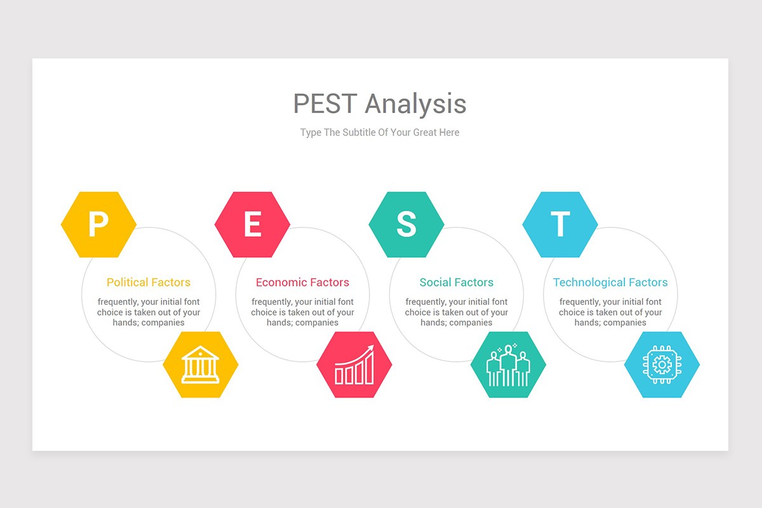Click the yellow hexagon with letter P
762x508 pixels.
point(98,224)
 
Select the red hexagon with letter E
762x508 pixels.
point(252,224)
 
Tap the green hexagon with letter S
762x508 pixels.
point(406,224)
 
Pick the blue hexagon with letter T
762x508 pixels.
point(560,224)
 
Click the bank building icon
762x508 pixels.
point(201,364)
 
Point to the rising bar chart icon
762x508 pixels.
point(354,365)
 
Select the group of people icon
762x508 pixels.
point(508,365)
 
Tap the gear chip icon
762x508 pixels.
point(662,365)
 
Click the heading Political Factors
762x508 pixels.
point(149,283)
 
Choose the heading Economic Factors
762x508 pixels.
point(302,283)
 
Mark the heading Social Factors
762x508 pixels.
point(457,283)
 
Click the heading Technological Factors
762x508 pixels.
point(610,283)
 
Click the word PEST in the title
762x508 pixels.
point(325,104)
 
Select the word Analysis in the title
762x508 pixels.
point(415,104)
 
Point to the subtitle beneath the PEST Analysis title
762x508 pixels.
point(380,133)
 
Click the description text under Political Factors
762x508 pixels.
point(149,312)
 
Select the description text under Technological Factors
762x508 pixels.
point(610,312)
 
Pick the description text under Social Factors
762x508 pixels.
point(457,312)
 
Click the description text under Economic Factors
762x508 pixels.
point(302,312)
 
